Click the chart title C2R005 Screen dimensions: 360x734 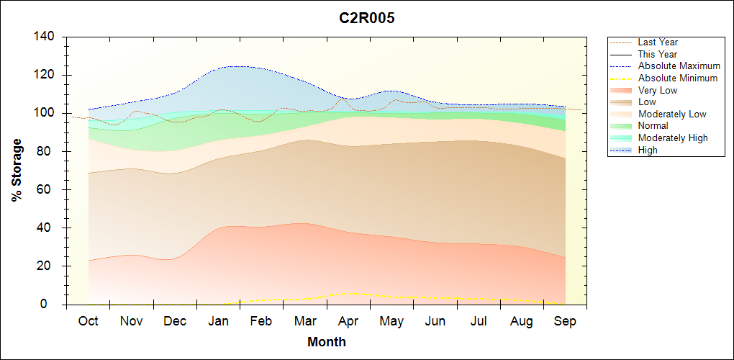click(x=367, y=19)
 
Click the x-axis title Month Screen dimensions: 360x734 click(x=327, y=342)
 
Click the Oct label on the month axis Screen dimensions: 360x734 click(x=89, y=321)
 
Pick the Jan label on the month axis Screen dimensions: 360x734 click(x=219, y=321)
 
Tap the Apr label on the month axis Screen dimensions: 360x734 click(x=349, y=321)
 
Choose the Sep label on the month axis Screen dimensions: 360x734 click(x=565, y=321)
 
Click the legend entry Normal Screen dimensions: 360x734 click(x=653, y=126)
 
